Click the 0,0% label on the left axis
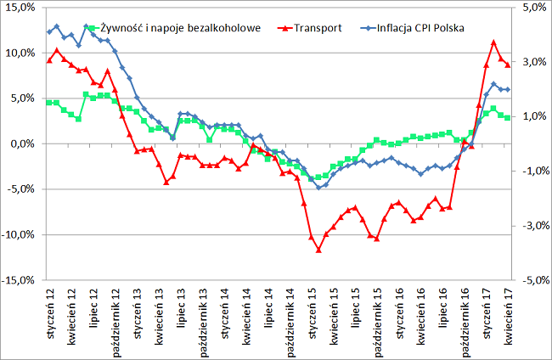[22, 143]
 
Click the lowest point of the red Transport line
[318, 250]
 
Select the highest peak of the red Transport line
[493, 42]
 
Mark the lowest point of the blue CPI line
[318, 188]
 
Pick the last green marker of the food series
[508, 117]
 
